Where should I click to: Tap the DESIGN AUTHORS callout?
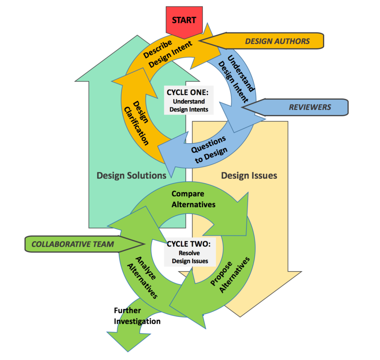tap(277, 41)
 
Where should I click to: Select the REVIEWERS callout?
tap(310, 107)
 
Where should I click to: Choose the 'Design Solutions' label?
tap(132, 175)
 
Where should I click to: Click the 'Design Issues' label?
tap(249, 175)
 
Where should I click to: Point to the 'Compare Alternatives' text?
tap(193, 198)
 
